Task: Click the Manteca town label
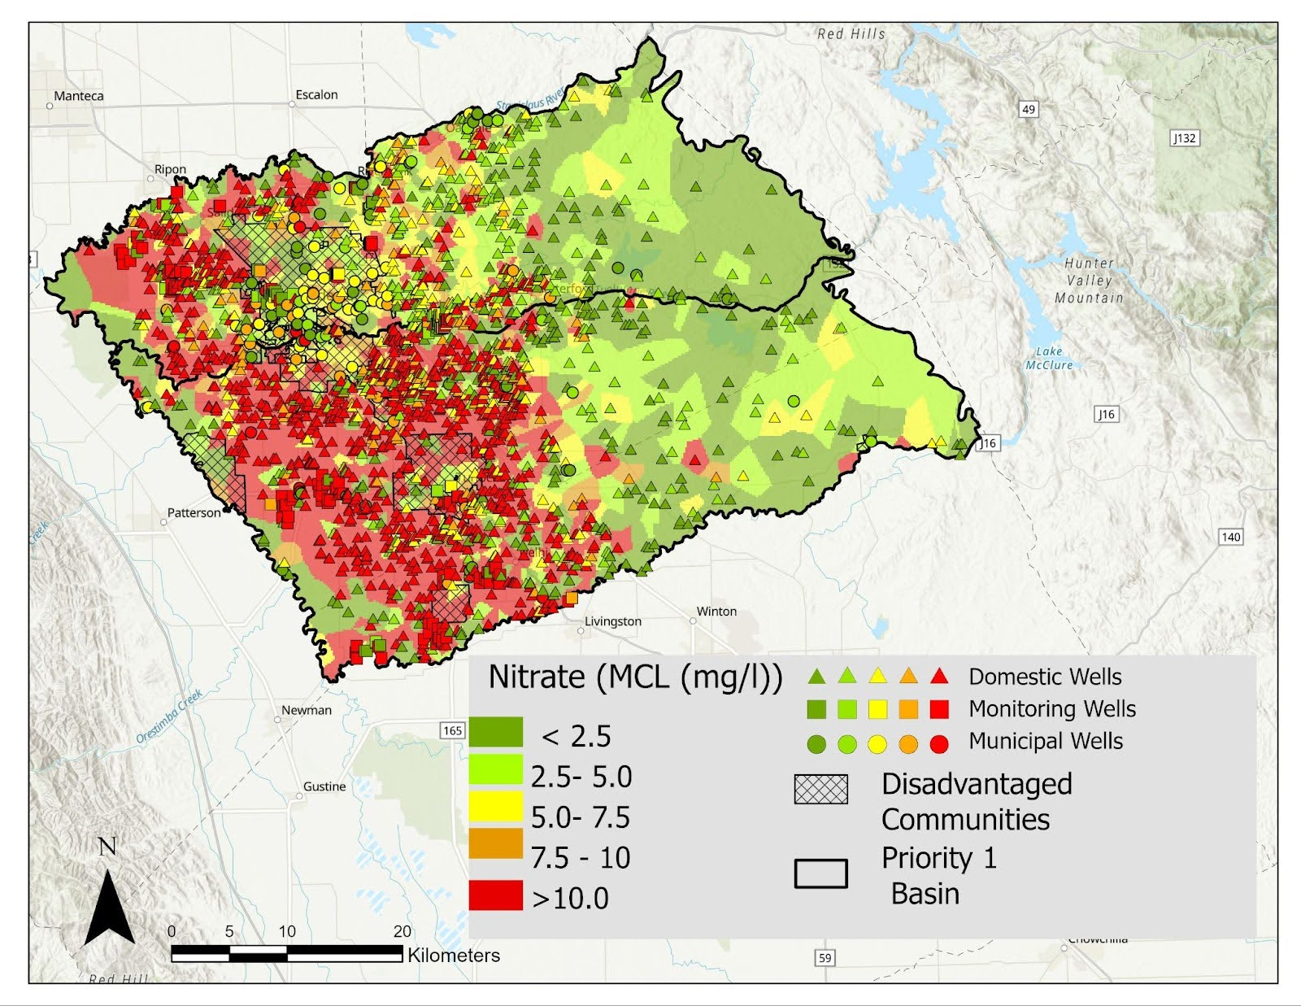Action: pyautogui.click(x=79, y=96)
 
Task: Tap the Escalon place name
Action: pyautogui.click(x=316, y=95)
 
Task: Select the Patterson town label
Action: pyautogui.click(x=194, y=513)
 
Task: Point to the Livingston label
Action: pyautogui.click(x=613, y=621)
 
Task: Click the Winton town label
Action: pyautogui.click(x=716, y=612)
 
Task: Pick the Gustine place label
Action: pyautogui.click(x=324, y=786)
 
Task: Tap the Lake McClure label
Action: pyautogui.click(x=1049, y=359)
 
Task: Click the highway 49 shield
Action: pyautogui.click(x=1029, y=109)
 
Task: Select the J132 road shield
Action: pyautogui.click(x=1185, y=138)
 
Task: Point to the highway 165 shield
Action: pyautogui.click(x=453, y=730)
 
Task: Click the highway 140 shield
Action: pyautogui.click(x=1231, y=537)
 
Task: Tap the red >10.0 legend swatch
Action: pyautogui.click(x=495, y=895)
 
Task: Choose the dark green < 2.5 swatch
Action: pyautogui.click(x=495, y=732)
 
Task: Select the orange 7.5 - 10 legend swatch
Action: pyautogui.click(x=495, y=843)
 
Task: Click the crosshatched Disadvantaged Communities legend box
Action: pyautogui.click(x=820, y=789)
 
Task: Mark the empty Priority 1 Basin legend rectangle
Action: pyautogui.click(x=820, y=873)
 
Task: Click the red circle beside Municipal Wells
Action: pyautogui.click(x=939, y=743)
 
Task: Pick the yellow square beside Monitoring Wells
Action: pyautogui.click(x=877, y=709)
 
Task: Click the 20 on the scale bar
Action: pyautogui.click(x=402, y=932)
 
